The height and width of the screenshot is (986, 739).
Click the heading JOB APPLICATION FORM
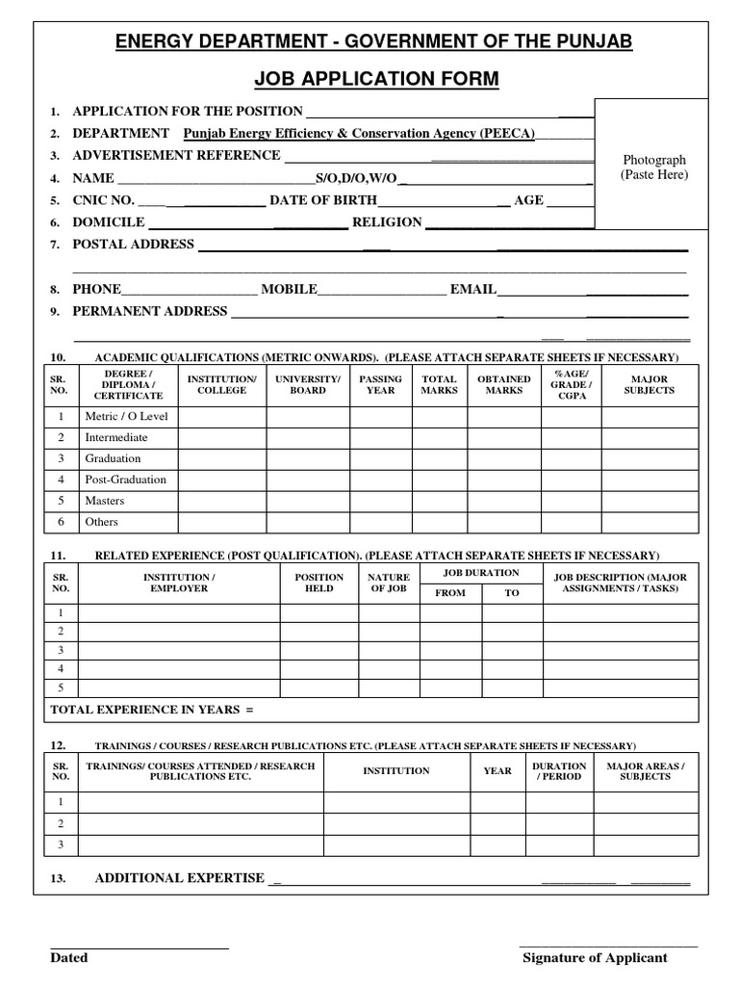coord(374,79)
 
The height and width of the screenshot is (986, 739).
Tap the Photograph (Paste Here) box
coord(654,165)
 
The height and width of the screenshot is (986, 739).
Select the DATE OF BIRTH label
coord(322,200)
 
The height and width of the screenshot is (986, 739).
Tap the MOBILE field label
coord(289,289)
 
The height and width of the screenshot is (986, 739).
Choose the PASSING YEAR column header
coord(381,385)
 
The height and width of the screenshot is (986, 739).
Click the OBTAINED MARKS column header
coord(503,385)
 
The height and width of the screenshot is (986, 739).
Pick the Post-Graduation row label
coord(125,480)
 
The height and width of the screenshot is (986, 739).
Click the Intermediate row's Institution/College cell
coord(221,438)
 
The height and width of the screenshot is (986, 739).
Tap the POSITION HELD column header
coord(319,583)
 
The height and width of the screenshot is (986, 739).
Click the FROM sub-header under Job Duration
coord(450,593)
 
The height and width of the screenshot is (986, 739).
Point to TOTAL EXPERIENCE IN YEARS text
coord(151,710)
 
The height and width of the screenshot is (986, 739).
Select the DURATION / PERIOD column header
coord(559,771)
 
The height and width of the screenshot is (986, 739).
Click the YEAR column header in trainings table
coord(497,771)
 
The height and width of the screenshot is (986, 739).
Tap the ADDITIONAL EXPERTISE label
coord(179,878)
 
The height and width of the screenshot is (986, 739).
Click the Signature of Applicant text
coord(594,958)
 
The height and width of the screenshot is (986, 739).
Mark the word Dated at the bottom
coord(68,958)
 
